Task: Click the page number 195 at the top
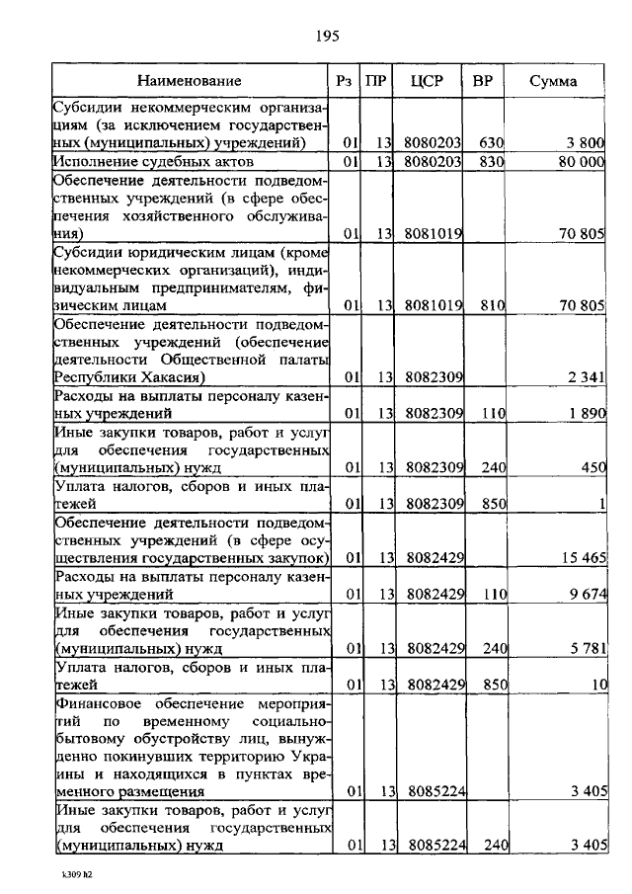point(327,37)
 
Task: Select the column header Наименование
point(189,80)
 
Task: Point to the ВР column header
point(483,80)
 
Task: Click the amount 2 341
point(586,377)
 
